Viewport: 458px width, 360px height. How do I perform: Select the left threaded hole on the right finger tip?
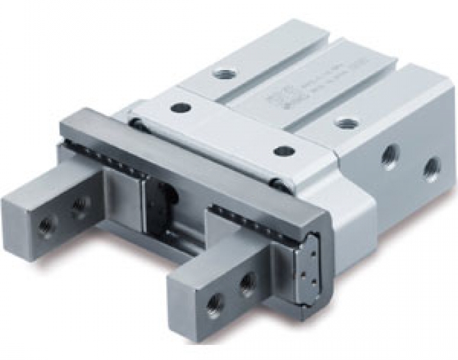pos(213,302)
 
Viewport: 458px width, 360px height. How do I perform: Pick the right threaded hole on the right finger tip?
pos(247,283)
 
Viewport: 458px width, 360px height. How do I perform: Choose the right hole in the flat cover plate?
pos(283,151)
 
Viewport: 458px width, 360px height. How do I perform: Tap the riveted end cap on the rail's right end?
pos(309,268)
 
